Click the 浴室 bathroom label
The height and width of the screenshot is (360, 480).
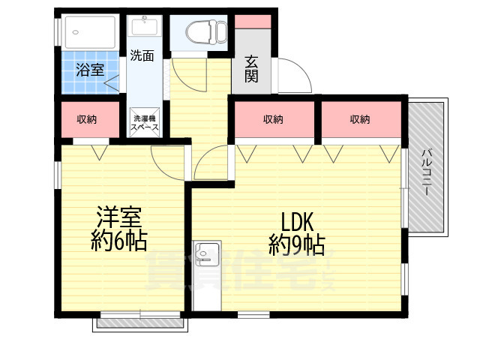(x=90, y=71)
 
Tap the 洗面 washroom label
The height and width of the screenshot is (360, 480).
(x=142, y=55)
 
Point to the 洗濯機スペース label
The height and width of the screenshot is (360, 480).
(x=144, y=122)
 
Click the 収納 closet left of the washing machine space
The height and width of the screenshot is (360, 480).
(x=88, y=118)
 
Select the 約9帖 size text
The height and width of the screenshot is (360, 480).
(x=297, y=244)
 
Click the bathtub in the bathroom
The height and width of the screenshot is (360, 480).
(x=88, y=31)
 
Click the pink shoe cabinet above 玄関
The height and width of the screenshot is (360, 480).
(x=253, y=21)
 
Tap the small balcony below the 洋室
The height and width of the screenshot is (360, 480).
(x=139, y=324)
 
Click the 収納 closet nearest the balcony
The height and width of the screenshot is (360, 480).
(x=360, y=118)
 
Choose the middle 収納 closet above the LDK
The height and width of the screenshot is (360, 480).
(x=274, y=118)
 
